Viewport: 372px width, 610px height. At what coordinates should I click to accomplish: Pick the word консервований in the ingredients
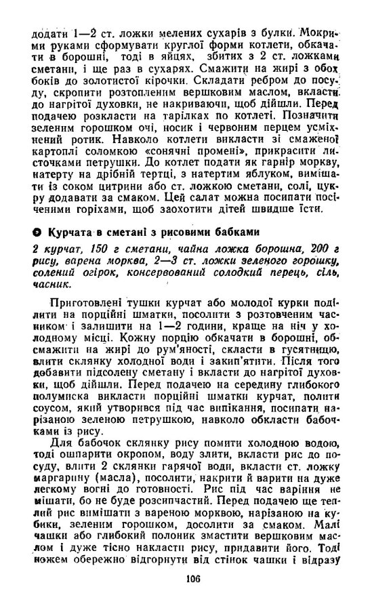[x=159, y=274]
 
